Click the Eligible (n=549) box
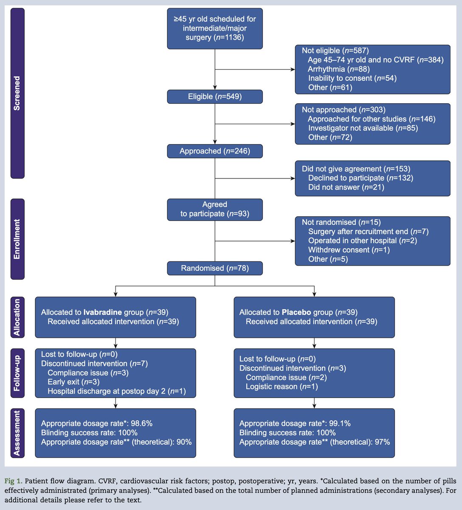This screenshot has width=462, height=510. point(215,97)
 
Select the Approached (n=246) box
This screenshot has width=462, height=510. point(215,151)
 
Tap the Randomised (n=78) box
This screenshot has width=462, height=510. point(215,268)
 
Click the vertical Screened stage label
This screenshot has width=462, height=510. point(17,93)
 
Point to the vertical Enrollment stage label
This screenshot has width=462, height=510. point(17,239)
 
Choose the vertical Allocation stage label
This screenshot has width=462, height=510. point(17,317)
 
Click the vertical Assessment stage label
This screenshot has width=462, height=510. point(17,433)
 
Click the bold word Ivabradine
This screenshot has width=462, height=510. point(102,312)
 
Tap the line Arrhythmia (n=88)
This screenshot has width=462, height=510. point(339,69)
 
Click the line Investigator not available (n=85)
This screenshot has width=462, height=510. point(363,128)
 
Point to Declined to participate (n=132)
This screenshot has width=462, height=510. point(361,178)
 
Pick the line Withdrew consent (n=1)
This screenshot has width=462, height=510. point(349,250)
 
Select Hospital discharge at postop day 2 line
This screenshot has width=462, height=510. point(116,391)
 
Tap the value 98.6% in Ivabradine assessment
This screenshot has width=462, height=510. point(142,423)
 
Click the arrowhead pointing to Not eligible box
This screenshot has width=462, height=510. point(293,69)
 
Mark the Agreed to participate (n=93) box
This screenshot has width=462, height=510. point(215,209)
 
